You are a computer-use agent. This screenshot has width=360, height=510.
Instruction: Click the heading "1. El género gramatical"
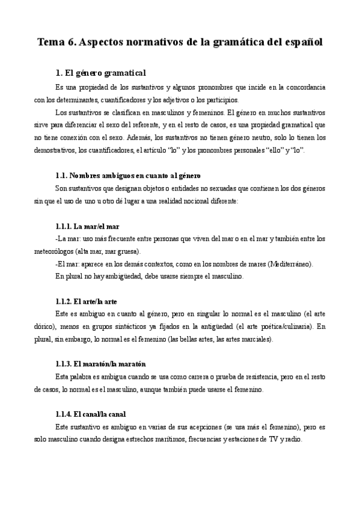(x=100, y=73)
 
